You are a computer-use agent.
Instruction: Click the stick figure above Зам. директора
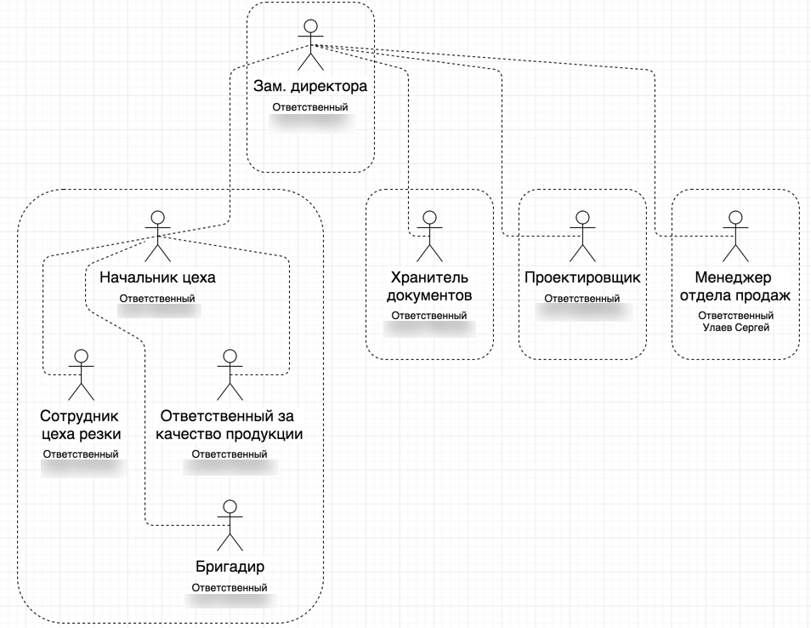click(x=310, y=44)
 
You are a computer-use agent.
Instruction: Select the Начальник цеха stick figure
click(x=157, y=236)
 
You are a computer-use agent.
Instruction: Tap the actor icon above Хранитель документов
click(x=429, y=236)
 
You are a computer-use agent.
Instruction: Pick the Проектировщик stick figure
click(x=582, y=236)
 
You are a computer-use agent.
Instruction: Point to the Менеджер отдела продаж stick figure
click(x=735, y=236)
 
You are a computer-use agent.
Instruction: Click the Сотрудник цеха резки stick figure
click(x=81, y=374)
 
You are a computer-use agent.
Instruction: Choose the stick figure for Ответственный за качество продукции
click(x=228, y=374)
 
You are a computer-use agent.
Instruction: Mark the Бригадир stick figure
click(x=229, y=524)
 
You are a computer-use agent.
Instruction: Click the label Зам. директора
click(x=310, y=87)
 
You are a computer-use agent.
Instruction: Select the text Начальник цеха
click(x=157, y=277)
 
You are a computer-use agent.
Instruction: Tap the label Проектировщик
click(x=582, y=277)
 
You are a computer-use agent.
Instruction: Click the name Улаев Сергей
click(x=735, y=327)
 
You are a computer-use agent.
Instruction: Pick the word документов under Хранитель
click(x=429, y=295)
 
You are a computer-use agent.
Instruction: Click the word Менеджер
click(x=735, y=277)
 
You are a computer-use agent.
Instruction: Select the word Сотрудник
click(x=81, y=416)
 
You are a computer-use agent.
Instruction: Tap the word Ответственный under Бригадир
click(x=230, y=587)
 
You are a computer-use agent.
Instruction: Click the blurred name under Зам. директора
click(x=310, y=123)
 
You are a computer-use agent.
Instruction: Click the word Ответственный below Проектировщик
click(x=582, y=299)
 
